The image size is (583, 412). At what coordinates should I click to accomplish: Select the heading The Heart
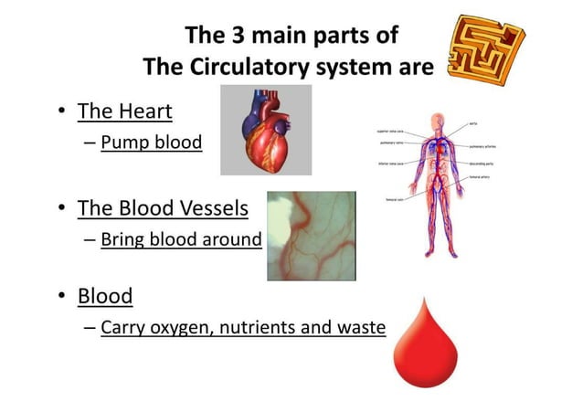[125, 111]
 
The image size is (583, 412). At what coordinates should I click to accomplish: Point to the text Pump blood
[152, 143]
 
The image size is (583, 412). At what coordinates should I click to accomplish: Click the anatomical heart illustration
[266, 129]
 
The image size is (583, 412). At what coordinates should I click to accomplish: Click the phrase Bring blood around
[181, 239]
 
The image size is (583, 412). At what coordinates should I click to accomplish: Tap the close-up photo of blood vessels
[311, 236]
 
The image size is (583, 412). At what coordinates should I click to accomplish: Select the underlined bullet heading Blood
[105, 296]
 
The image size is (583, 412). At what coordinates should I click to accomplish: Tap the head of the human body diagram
[440, 121]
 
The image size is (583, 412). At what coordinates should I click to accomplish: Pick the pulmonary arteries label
[483, 146]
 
